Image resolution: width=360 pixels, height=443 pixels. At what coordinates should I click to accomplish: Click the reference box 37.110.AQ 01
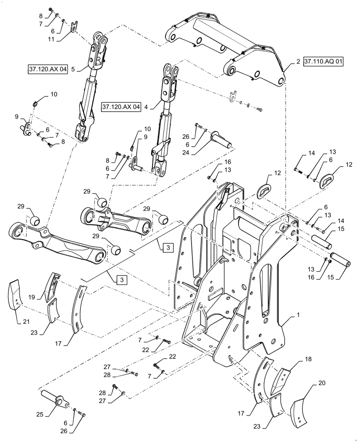pos(323,62)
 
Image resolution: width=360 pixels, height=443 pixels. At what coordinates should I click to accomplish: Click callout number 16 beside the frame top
pos(227,163)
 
